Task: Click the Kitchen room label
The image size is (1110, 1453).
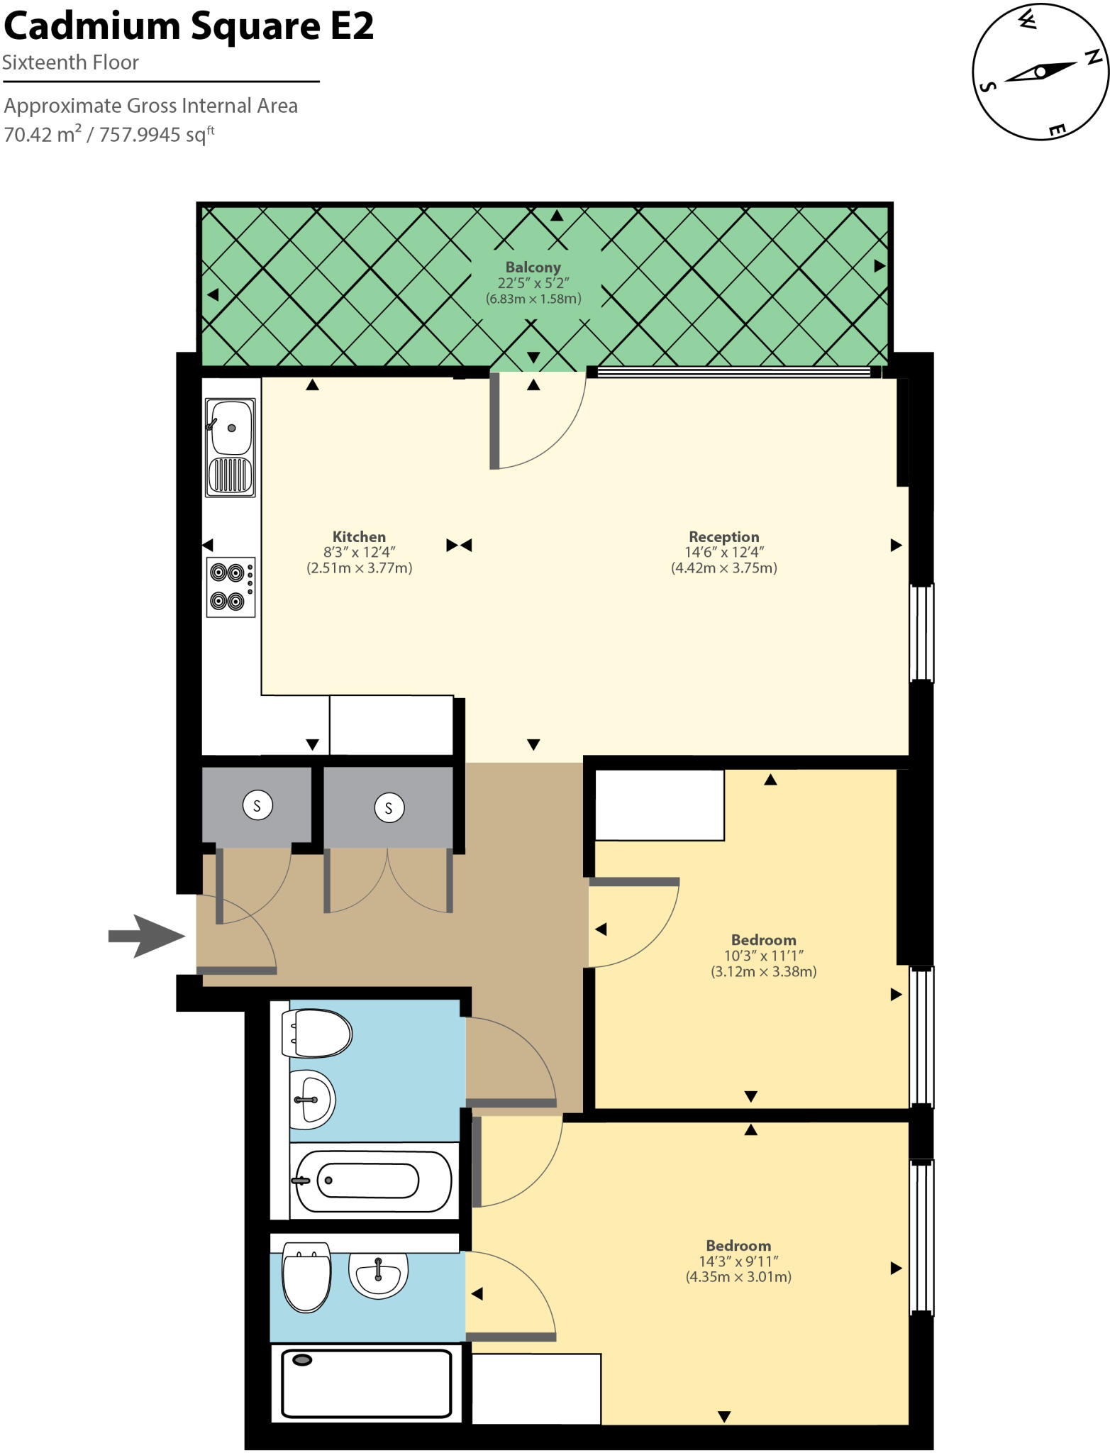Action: click(359, 537)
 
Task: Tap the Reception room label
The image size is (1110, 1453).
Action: click(723, 537)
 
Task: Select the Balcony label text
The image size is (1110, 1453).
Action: click(533, 267)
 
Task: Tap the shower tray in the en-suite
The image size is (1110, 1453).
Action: click(366, 1383)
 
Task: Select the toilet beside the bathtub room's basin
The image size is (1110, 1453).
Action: click(317, 1034)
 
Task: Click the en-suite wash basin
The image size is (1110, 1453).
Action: click(379, 1275)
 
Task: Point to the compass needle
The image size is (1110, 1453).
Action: click(1040, 72)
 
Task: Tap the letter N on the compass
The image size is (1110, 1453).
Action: click(1093, 57)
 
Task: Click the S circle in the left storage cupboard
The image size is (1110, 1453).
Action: click(257, 806)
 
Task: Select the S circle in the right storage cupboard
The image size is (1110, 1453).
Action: click(389, 808)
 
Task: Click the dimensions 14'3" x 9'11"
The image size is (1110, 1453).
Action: click(738, 1261)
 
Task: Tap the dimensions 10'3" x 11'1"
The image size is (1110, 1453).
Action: click(763, 956)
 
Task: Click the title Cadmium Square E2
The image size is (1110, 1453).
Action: click(189, 27)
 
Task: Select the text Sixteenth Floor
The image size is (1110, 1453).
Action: click(70, 62)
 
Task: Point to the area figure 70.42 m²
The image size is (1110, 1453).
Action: click(43, 134)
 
